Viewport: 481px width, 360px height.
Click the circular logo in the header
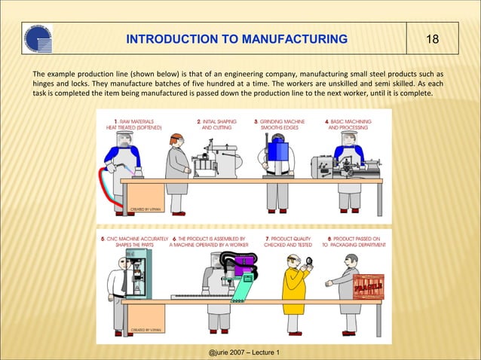coord(38,40)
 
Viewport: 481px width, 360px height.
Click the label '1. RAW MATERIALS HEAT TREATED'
coord(134,124)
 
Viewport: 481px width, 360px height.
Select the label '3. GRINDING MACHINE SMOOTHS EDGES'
coord(280,124)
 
